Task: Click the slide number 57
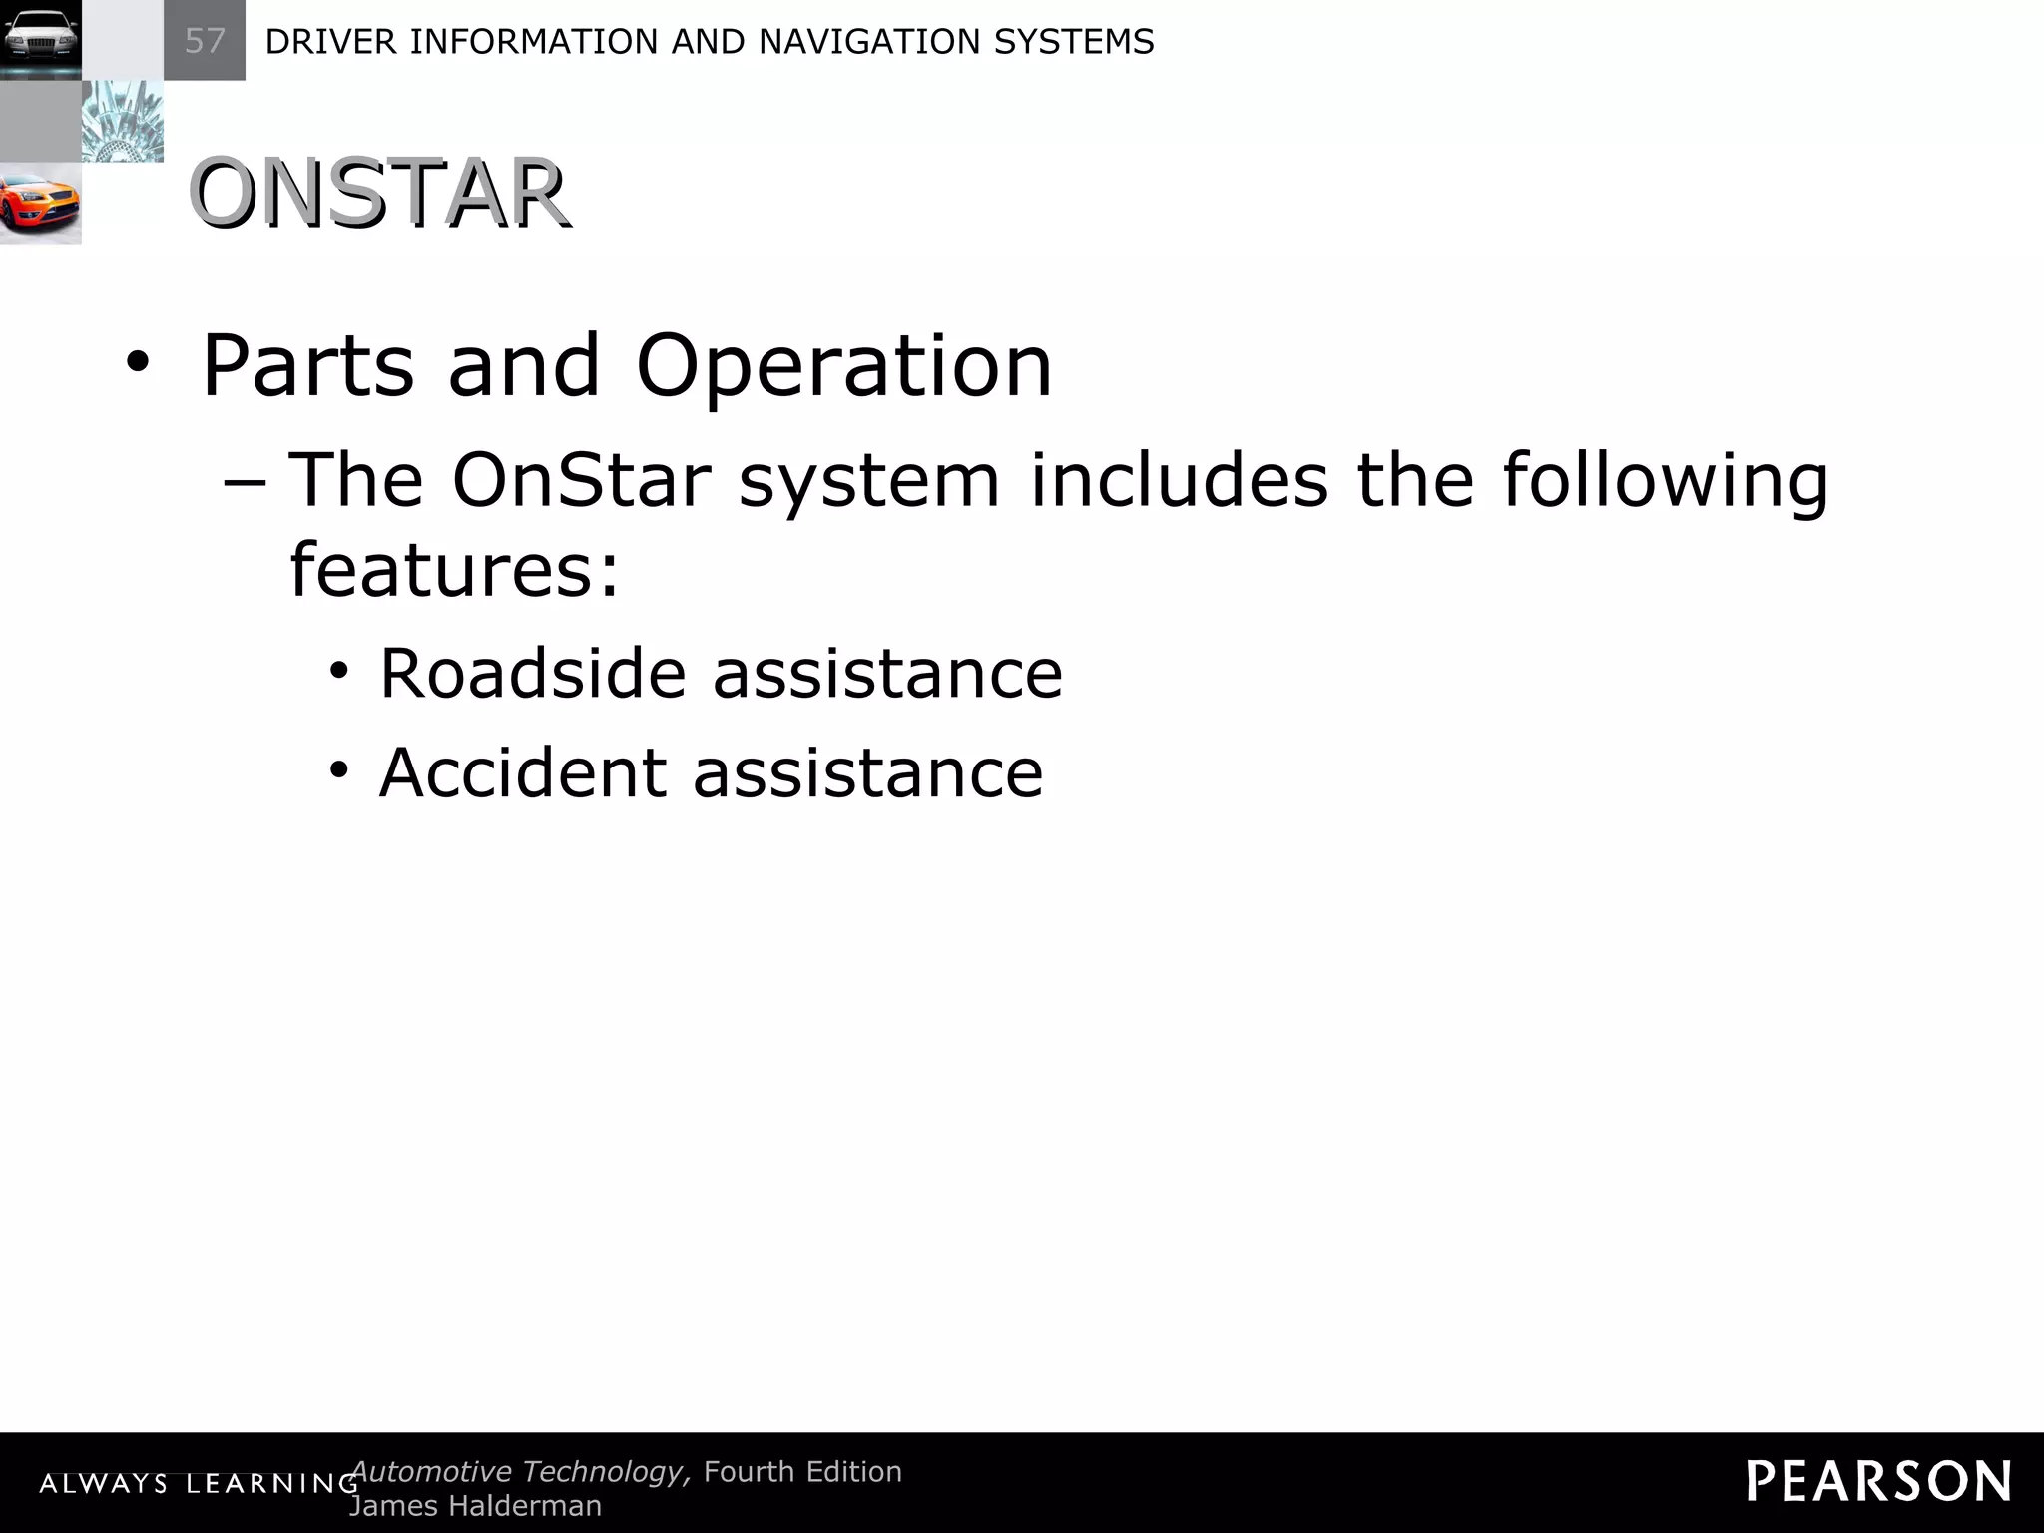coord(205,41)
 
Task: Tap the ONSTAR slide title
coord(379,194)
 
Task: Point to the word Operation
coord(843,366)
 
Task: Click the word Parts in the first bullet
coord(307,366)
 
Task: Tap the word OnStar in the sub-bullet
coord(581,481)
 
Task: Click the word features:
coord(454,569)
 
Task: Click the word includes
coord(1179,481)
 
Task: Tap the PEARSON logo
coord(1878,1481)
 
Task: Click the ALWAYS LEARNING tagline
coord(199,1484)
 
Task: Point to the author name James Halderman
coord(475,1506)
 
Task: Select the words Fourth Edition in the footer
coord(802,1472)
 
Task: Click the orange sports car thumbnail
coord(40,204)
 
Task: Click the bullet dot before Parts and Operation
coord(138,365)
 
